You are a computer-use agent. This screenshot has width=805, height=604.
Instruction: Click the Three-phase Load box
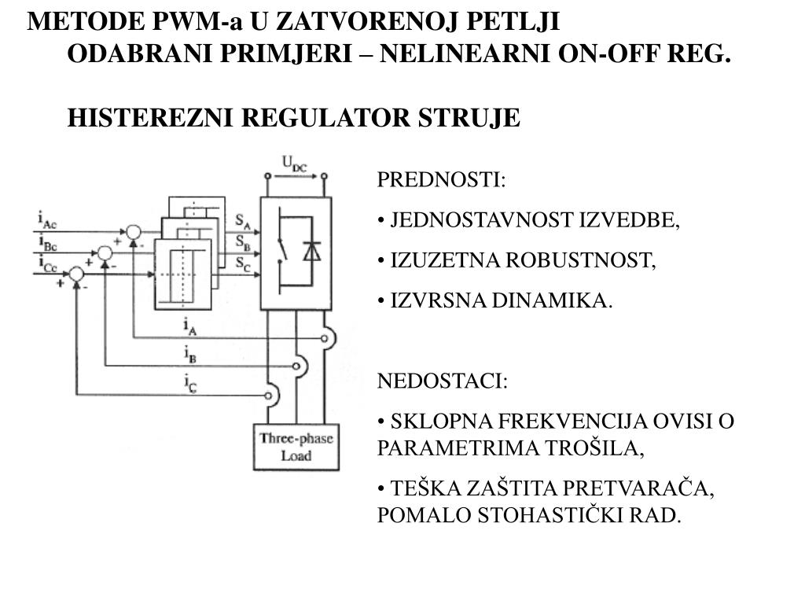tap(296, 447)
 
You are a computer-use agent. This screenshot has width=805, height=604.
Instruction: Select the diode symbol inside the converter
tap(312, 249)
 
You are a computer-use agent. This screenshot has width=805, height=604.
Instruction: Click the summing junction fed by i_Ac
tap(134, 232)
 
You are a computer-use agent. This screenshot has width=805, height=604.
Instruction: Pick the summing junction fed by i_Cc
tap(76, 274)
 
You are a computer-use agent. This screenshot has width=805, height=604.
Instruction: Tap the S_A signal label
tap(243, 220)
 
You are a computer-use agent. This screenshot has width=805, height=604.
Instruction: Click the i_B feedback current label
tap(189, 355)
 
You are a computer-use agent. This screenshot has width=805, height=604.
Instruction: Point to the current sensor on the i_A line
tap(326, 337)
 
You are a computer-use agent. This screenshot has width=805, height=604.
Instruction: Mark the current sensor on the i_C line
tap(271, 392)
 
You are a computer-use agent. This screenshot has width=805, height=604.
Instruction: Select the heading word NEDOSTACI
tap(441, 381)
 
